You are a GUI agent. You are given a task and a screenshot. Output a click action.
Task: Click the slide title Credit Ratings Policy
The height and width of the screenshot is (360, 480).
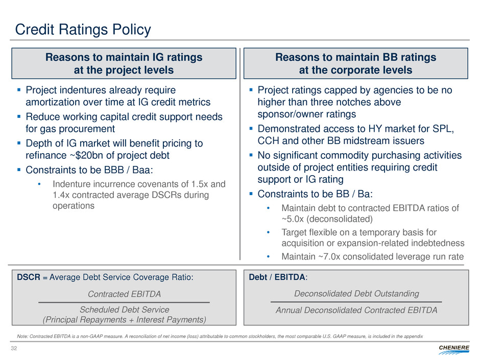(x=83, y=30)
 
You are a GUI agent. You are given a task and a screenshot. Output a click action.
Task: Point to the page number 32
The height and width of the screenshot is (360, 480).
(x=20, y=348)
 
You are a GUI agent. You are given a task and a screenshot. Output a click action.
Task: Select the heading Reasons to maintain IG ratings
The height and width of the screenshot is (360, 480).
(x=124, y=57)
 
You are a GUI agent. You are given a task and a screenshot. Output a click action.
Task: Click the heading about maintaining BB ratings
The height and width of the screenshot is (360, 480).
(x=355, y=57)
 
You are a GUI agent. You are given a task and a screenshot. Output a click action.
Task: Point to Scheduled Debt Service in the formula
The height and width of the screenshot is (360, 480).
(x=124, y=309)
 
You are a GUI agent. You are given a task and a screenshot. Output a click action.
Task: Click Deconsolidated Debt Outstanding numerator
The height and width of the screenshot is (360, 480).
(x=356, y=294)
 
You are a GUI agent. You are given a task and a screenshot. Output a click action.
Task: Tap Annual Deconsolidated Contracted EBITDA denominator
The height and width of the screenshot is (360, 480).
(x=356, y=310)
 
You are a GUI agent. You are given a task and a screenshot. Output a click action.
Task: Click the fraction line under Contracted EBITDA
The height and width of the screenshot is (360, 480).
(x=124, y=302)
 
